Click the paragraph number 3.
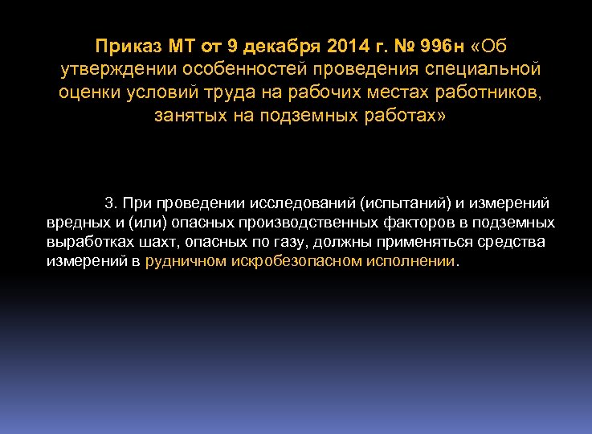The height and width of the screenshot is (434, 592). click(110, 203)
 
